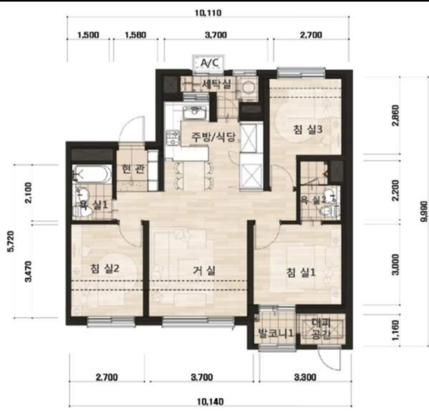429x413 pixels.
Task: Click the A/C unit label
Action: point(210,63)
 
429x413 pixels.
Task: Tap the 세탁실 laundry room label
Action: point(216,84)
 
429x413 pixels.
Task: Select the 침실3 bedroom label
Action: point(307,129)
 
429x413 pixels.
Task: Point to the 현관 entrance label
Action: point(133,169)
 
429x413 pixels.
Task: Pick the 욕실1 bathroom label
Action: point(93,204)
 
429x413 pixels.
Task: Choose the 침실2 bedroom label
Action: point(105,268)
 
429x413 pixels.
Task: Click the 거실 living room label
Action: point(204,271)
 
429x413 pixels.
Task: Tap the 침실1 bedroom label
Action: point(301,272)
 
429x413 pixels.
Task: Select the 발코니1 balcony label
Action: point(276,333)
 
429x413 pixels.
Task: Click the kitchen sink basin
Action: point(195,112)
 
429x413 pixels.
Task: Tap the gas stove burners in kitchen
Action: point(172,137)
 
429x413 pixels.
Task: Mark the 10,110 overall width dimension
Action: point(208,13)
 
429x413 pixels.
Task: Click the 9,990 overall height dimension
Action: point(425,211)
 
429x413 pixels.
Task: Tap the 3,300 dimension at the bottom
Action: point(305,377)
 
